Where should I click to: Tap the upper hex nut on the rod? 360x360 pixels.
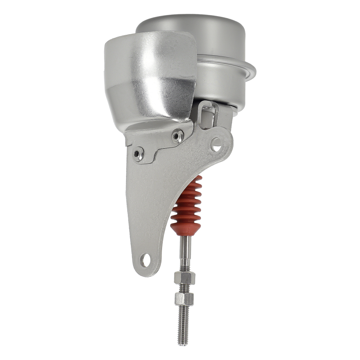click(185, 278)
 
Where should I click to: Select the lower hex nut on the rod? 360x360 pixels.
click(184, 298)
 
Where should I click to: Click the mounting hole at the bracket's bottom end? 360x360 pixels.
click(145, 260)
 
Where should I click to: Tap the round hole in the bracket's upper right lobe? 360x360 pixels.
click(216, 144)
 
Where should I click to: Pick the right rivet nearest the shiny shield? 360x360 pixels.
click(177, 136)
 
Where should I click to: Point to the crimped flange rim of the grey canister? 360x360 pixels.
click(248, 70)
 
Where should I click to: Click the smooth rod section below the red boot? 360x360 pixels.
click(184, 250)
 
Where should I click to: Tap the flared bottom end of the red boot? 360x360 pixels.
click(186, 229)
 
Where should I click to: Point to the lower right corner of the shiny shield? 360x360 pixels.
click(191, 117)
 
